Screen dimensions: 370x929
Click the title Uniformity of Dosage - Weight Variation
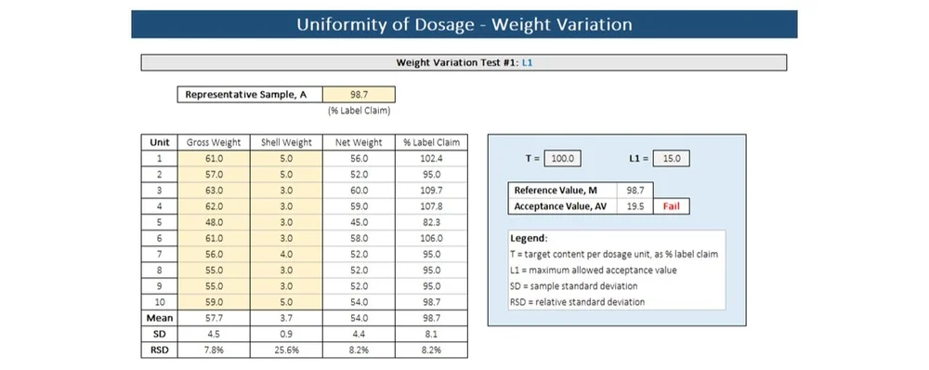click(x=464, y=24)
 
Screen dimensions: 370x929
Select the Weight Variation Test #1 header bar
click(x=464, y=63)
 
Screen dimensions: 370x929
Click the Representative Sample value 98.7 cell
click(x=358, y=95)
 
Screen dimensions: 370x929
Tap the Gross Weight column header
click(x=214, y=142)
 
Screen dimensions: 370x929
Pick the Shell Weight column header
click(x=286, y=142)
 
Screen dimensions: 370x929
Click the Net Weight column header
click(x=358, y=142)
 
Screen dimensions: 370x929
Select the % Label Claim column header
click(x=430, y=142)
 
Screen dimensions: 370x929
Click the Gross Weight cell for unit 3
click(x=214, y=190)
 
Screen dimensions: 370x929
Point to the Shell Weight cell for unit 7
click(x=286, y=254)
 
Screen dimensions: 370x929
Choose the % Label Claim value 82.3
click(x=430, y=221)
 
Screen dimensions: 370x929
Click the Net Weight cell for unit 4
click(x=358, y=205)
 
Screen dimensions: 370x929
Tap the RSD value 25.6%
click(x=286, y=350)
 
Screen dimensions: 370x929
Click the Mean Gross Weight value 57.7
click(x=214, y=318)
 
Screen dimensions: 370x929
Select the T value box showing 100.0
click(x=563, y=158)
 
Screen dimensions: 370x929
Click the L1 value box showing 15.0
click(x=672, y=158)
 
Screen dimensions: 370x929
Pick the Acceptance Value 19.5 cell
click(x=635, y=206)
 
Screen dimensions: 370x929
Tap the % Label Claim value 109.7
click(x=430, y=190)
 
